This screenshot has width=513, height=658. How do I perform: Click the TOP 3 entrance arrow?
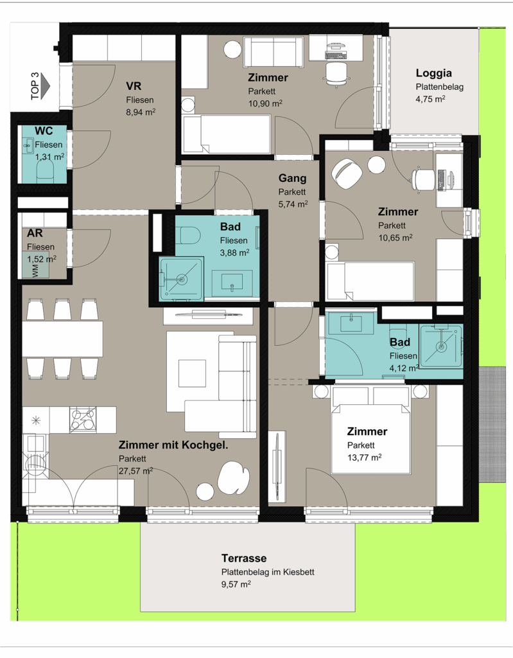[46, 86]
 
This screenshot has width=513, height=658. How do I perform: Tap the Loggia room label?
[434, 73]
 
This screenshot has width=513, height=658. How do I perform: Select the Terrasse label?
[244, 558]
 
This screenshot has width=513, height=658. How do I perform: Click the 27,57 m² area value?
[135, 471]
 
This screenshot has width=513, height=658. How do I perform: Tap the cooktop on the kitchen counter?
[83, 420]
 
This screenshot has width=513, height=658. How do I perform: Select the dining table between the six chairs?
[62, 339]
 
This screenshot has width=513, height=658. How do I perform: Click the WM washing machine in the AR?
[36, 265]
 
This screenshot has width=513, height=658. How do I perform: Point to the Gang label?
[292, 178]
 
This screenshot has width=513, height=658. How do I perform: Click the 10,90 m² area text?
[265, 103]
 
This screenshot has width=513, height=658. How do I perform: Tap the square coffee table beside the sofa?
[192, 373]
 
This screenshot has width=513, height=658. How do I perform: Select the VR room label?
[134, 86]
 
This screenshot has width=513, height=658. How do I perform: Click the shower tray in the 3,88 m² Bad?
[181, 279]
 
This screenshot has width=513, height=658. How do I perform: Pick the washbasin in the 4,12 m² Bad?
[351, 323]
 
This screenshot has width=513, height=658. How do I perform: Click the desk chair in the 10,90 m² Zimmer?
[336, 74]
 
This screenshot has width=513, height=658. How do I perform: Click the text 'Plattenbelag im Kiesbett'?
[268, 572]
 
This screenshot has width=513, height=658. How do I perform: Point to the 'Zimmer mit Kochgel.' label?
[173, 445]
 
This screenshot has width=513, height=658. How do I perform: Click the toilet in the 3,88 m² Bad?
[189, 235]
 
